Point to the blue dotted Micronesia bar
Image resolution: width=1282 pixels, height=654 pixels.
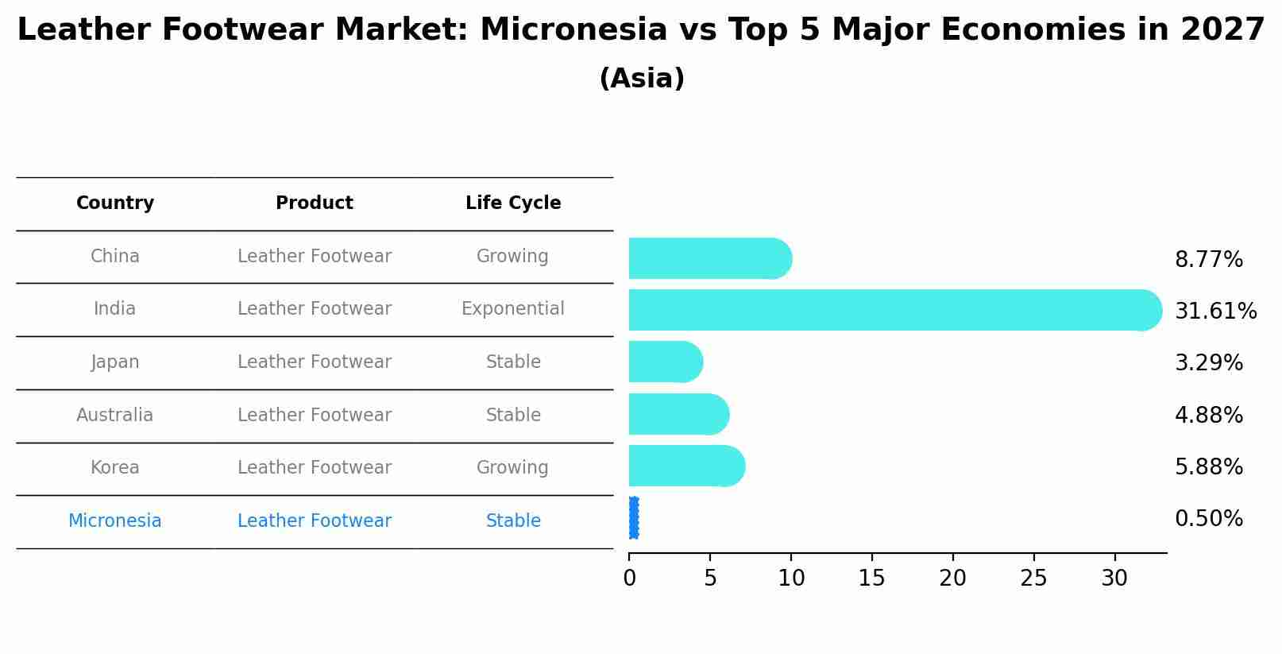tap(633, 518)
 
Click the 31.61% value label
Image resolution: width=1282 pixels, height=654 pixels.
tap(1215, 311)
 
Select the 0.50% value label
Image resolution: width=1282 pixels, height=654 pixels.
tap(1208, 519)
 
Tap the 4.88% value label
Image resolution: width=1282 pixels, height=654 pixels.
tap(1208, 415)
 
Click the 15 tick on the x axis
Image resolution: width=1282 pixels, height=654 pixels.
tap(871, 579)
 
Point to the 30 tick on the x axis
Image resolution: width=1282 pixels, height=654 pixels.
tap(1114, 579)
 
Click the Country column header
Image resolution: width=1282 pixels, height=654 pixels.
tap(115, 203)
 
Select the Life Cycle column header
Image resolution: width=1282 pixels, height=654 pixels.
tap(513, 203)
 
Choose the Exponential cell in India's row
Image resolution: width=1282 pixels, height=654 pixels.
tap(513, 308)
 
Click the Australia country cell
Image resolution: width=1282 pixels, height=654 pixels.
tap(115, 415)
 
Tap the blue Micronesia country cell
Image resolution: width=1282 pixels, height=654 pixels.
tap(115, 520)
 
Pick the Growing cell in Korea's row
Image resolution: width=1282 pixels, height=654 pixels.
tap(512, 467)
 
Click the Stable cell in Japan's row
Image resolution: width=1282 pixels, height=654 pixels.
tap(513, 362)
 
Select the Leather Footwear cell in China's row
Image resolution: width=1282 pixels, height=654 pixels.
tap(315, 256)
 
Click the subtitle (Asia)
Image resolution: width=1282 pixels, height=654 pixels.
tap(642, 79)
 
